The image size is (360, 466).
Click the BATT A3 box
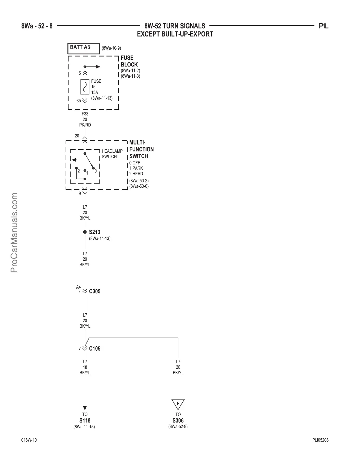[84, 49]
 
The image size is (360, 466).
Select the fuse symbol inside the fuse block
[85, 87]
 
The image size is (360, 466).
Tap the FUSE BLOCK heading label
[129, 61]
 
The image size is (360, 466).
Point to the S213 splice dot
[85, 232]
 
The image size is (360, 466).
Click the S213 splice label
[95, 232]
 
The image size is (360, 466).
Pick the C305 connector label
[95, 291]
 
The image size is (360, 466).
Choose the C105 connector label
[95, 349]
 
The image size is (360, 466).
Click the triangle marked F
[178, 404]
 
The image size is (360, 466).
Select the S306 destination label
[178, 421]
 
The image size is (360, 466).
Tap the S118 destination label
[85, 421]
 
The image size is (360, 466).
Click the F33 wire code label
[85, 114]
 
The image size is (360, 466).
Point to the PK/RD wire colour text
[85, 125]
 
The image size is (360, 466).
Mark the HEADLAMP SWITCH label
[112, 154]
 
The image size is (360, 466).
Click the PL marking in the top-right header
[324, 26]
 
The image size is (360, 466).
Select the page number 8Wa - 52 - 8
[37, 26]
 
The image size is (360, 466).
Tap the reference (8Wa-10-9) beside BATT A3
[111, 48]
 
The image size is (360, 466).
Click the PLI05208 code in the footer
[320, 440]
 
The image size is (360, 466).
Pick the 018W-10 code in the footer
[29, 440]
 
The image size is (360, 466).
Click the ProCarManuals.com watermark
[14, 232]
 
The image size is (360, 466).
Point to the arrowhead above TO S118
[85, 408]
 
